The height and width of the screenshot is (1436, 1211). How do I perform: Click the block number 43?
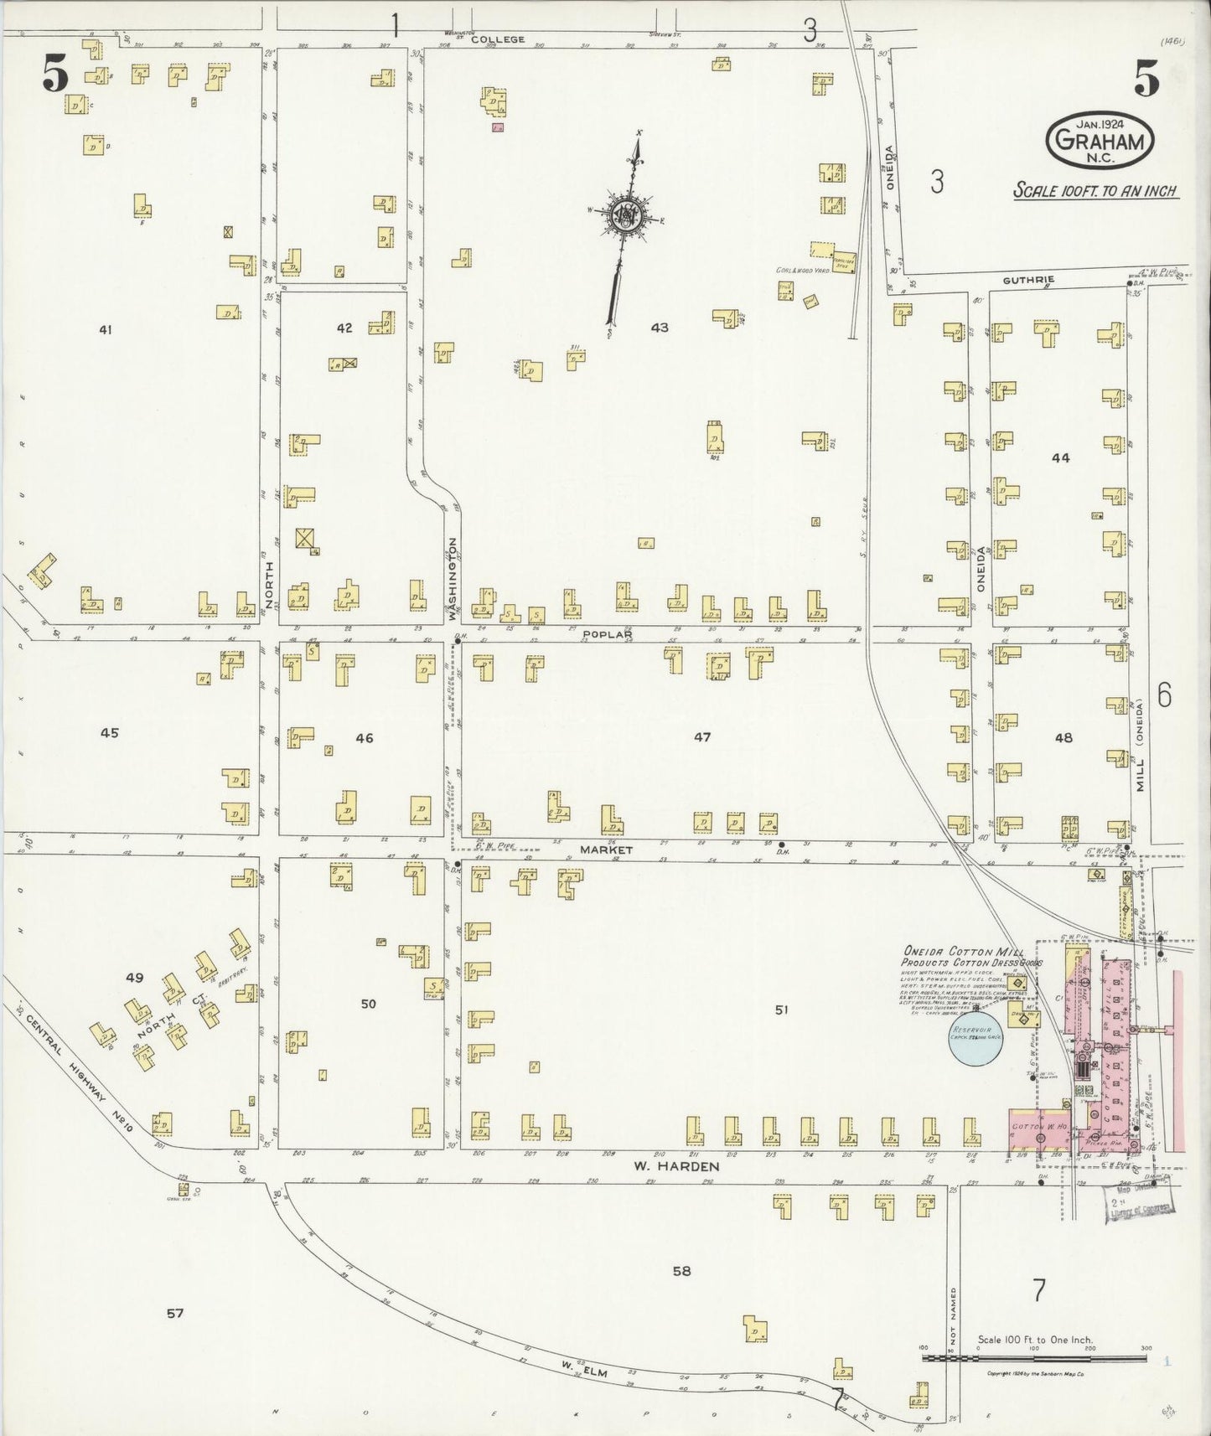(660, 328)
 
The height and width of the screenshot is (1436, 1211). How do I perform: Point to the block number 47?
(701, 737)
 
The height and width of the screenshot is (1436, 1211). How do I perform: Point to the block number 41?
(105, 330)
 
